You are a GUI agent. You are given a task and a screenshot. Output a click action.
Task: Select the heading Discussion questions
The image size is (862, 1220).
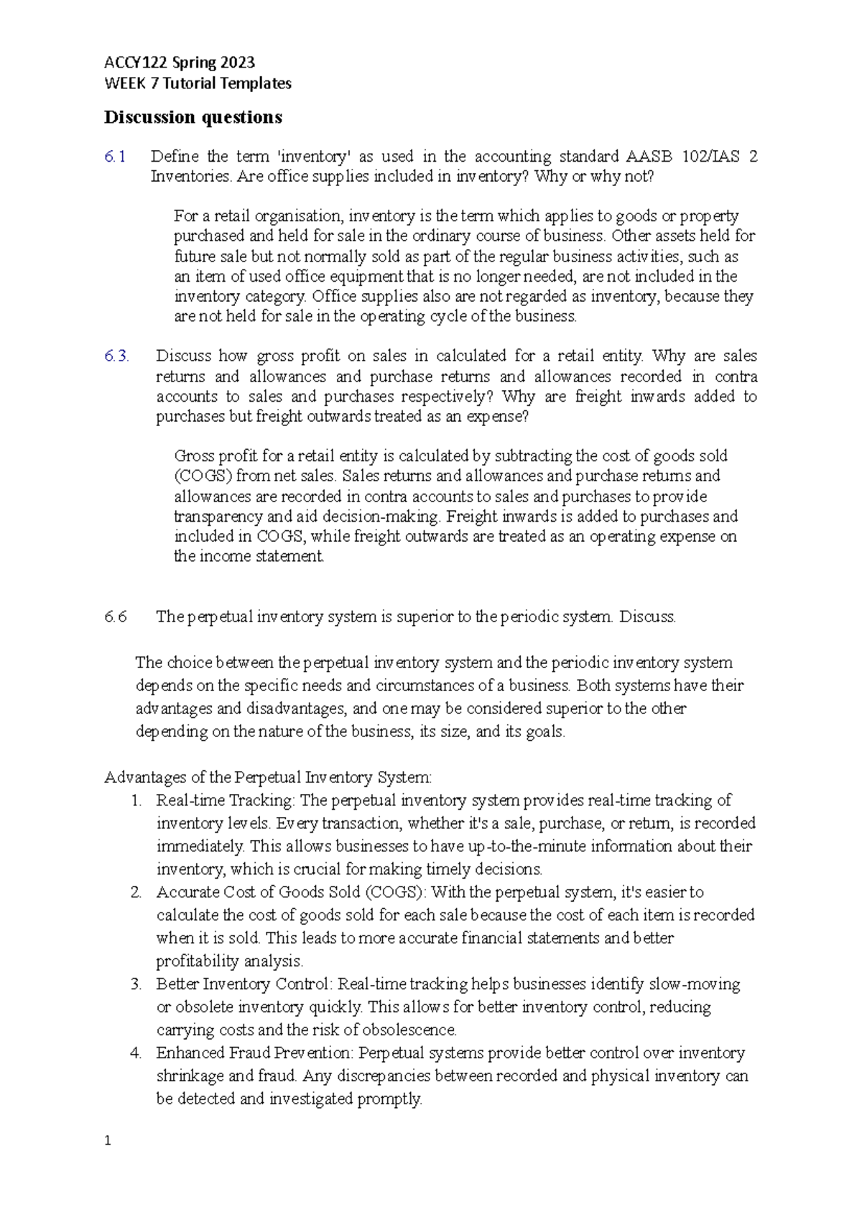pos(193,117)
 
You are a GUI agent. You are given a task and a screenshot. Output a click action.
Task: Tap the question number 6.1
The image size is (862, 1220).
pos(114,157)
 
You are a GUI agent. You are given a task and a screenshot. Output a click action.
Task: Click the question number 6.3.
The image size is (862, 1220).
pos(116,356)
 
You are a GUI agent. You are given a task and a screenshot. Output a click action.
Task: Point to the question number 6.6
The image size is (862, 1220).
pos(115,616)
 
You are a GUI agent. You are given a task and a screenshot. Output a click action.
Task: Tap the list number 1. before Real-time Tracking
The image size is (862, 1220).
pos(136,800)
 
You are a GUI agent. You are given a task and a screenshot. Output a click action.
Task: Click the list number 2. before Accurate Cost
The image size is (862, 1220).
pos(136,892)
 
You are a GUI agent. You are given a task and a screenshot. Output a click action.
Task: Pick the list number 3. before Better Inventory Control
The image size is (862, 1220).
pos(136,984)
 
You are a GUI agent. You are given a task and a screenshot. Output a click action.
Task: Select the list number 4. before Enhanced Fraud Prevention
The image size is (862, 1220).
pos(136,1053)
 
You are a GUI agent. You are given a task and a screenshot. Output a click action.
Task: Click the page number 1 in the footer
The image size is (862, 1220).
pos(108,1141)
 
